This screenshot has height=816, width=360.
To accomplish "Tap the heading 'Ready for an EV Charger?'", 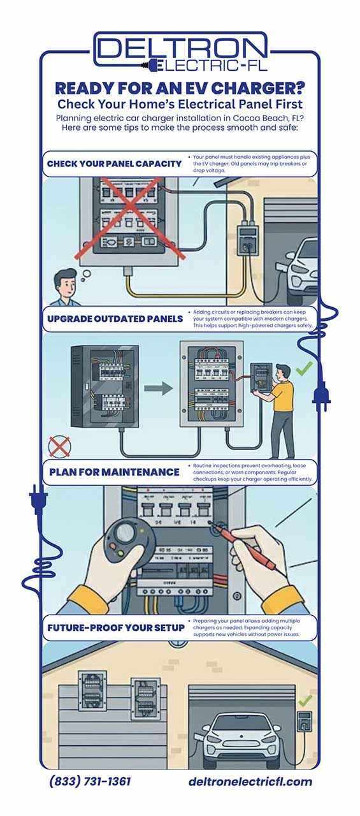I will [180, 88].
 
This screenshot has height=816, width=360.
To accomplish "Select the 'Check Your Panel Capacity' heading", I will [114, 163].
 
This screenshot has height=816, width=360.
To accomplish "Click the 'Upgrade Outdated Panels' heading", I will [115, 318].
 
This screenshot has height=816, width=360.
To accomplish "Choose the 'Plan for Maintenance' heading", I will [114, 472].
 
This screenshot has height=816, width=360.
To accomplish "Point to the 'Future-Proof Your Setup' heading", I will [115, 627].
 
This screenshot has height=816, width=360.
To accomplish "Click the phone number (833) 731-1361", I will [90, 782].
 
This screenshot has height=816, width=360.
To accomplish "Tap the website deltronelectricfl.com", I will [250, 782].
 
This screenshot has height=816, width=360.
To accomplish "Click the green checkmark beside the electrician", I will [304, 367].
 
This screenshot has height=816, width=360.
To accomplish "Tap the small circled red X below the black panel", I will [59, 446].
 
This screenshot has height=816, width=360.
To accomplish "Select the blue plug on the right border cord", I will [320, 395].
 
